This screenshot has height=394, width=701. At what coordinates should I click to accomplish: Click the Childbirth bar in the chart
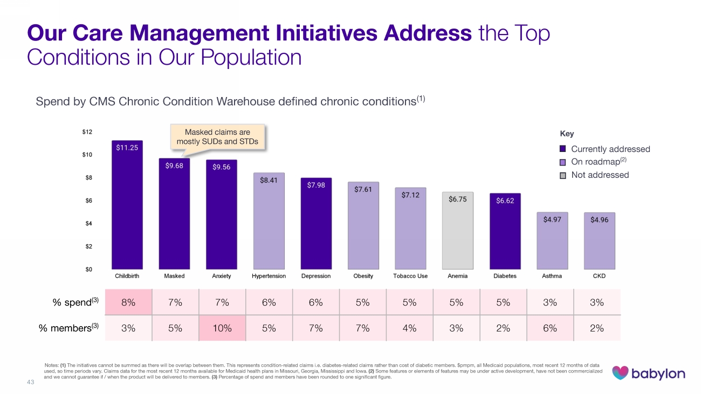tap(127, 205)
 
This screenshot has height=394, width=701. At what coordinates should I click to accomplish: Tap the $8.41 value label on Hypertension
tap(269, 181)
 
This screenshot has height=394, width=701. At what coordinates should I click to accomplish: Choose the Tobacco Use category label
tap(410, 276)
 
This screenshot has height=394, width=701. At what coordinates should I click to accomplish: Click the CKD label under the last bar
tap(599, 276)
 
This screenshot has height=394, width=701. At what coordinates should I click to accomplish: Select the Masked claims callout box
tap(217, 137)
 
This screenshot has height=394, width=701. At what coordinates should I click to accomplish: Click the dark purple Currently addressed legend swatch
tap(563, 149)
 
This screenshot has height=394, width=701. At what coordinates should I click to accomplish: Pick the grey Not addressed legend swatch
tap(563, 175)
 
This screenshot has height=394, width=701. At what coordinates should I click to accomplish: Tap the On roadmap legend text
tap(596, 162)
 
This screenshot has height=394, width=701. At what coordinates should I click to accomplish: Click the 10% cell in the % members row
tap(222, 328)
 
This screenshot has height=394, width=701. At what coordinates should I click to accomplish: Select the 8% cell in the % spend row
tap(128, 302)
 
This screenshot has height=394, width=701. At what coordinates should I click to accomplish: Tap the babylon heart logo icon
tap(621, 372)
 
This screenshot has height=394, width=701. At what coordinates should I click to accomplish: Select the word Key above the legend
tap(567, 134)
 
